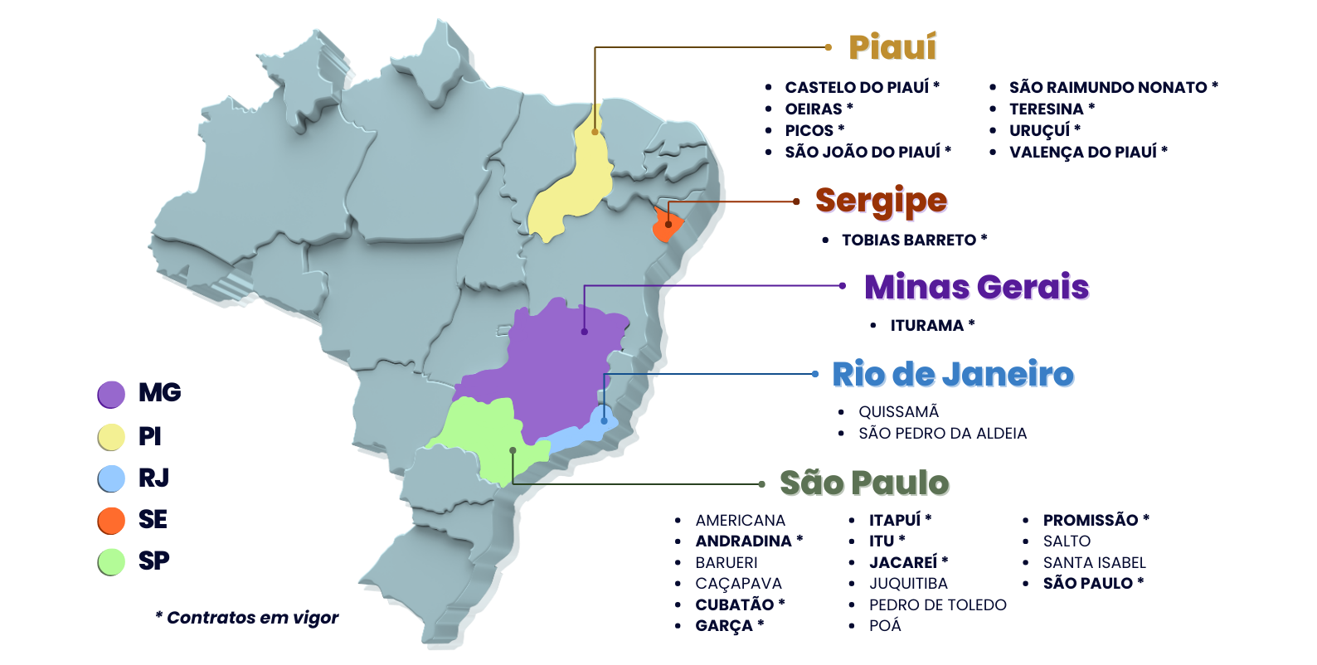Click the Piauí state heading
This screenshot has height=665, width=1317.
(892, 47)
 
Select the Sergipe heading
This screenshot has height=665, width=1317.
(881, 201)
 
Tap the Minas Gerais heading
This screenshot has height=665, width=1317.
(976, 287)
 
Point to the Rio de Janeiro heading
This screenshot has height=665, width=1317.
(953, 375)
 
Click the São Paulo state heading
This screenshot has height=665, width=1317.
(864, 483)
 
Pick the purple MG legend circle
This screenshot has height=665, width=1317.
(111, 395)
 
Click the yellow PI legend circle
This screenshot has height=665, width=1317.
(111, 437)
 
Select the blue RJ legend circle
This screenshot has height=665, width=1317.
(111, 478)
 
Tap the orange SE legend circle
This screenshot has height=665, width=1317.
(111, 520)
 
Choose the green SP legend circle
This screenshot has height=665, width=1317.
(111, 561)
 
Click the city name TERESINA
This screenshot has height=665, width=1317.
(1046, 109)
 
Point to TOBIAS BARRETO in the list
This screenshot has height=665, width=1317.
(909, 240)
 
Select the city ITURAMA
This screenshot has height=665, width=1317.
(926, 326)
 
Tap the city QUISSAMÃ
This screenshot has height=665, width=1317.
(898, 412)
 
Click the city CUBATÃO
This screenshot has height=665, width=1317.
(734, 604)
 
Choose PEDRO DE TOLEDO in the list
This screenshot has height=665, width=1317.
(937, 605)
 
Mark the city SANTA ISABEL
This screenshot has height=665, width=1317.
(1094, 562)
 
